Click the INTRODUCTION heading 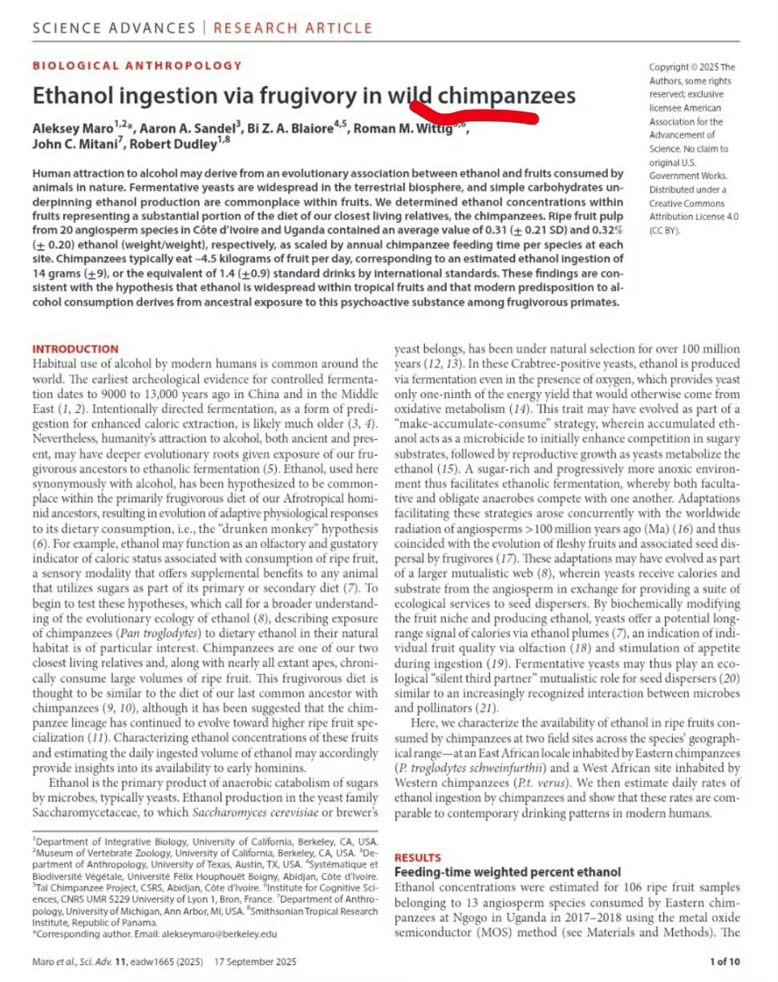(x=75, y=349)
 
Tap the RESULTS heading (x=417, y=857)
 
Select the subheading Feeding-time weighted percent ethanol (x=508, y=871)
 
